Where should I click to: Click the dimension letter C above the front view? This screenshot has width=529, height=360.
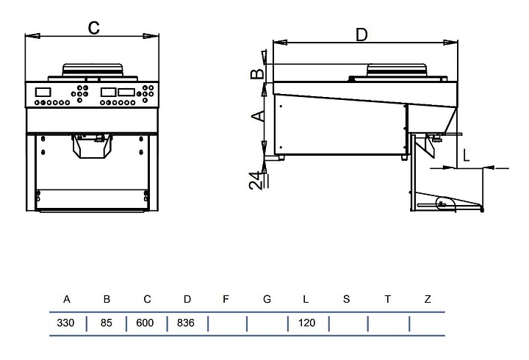93,27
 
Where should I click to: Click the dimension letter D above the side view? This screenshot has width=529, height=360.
361,34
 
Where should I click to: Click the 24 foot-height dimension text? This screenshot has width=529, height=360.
255,181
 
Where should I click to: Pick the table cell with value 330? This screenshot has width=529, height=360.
67,323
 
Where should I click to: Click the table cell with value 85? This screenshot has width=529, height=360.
107,323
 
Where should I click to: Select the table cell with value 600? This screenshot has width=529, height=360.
145,323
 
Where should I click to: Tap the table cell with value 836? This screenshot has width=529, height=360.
186,323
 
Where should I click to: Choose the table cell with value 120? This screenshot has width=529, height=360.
307,323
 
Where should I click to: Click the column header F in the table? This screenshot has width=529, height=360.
226,299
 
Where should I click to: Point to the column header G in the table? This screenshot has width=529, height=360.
267,299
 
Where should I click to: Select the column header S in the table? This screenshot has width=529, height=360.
346,299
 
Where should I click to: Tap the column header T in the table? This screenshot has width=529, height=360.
387,299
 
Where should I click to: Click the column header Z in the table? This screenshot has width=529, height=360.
427,299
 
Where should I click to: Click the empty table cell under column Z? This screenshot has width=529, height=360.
427,323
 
